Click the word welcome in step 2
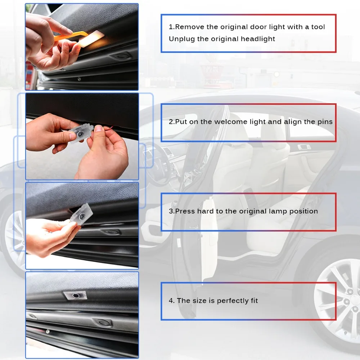coord(231,122)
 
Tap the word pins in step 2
coord(324,122)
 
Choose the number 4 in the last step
coord(171,301)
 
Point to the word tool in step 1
coord(318,27)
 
